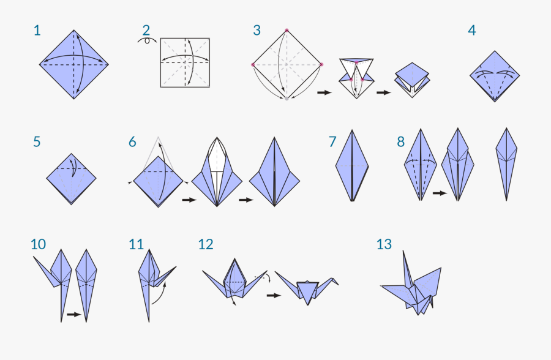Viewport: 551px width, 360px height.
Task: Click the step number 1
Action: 37,30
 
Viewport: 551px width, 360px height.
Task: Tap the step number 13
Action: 384,244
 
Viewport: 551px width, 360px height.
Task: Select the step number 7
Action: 332,142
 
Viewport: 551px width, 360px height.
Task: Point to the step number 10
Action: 38,244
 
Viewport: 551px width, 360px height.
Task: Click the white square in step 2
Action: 185,62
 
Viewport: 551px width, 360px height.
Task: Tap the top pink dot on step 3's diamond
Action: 287,30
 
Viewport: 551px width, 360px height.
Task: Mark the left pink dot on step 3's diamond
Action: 253,64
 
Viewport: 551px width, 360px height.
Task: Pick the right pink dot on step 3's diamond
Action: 321,64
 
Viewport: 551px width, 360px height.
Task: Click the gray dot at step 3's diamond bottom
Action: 287,97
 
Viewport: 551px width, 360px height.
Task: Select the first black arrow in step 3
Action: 324,92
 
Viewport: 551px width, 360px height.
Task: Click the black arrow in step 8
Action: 439,193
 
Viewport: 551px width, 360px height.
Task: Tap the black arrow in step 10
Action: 73,315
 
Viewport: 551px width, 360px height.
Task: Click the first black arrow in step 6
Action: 189,200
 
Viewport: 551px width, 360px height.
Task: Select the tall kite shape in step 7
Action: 352,165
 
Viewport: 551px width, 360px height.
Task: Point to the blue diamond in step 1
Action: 74,64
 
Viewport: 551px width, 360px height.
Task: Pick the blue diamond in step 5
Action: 72,179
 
